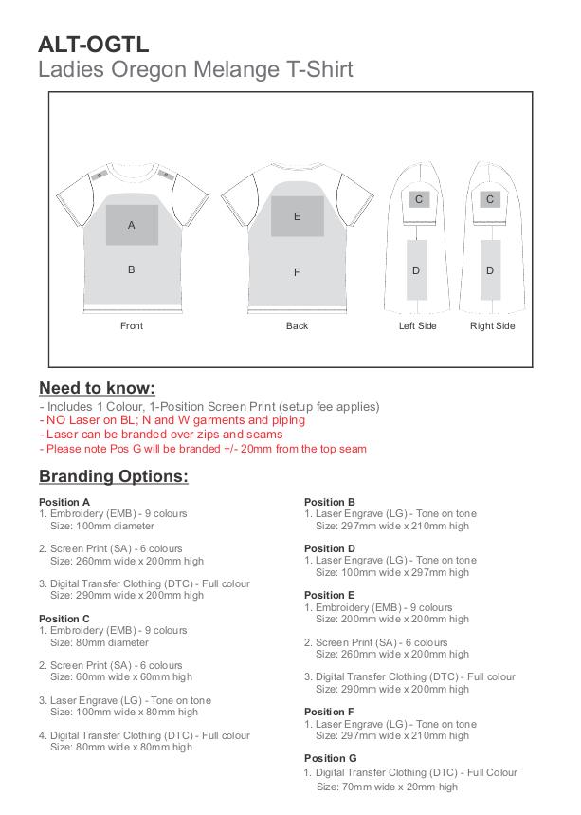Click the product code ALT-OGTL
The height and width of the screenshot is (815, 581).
click(x=93, y=44)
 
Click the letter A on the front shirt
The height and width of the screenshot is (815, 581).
click(x=132, y=225)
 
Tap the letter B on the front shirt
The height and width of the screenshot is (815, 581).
click(x=132, y=269)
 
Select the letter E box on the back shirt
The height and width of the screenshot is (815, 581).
click(x=297, y=216)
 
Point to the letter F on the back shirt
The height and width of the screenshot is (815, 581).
click(x=297, y=272)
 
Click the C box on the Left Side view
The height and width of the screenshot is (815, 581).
click(x=418, y=199)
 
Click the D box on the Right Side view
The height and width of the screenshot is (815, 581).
click(x=490, y=270)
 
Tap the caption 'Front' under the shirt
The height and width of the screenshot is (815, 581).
click(x=132, y=326)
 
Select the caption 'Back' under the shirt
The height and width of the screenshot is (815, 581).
click(x=297, y=326)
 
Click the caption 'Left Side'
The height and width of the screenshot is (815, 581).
click(x=417, y=326)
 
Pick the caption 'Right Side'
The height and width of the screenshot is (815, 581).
click(x=492, y=326)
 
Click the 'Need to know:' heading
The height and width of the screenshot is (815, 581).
click(x=97, y=388)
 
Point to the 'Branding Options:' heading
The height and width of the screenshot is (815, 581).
click(x=113, y=476)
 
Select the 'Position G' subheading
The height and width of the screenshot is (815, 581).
click(x=330, y=758)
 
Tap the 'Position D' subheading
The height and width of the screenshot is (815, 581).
click(x=330, y=548)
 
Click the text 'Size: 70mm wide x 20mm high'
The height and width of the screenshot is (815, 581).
click(x=387, y=787)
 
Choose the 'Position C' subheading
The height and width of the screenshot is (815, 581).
click(x=64, y=619)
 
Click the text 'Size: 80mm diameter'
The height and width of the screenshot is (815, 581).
click(x=105, y=642)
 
